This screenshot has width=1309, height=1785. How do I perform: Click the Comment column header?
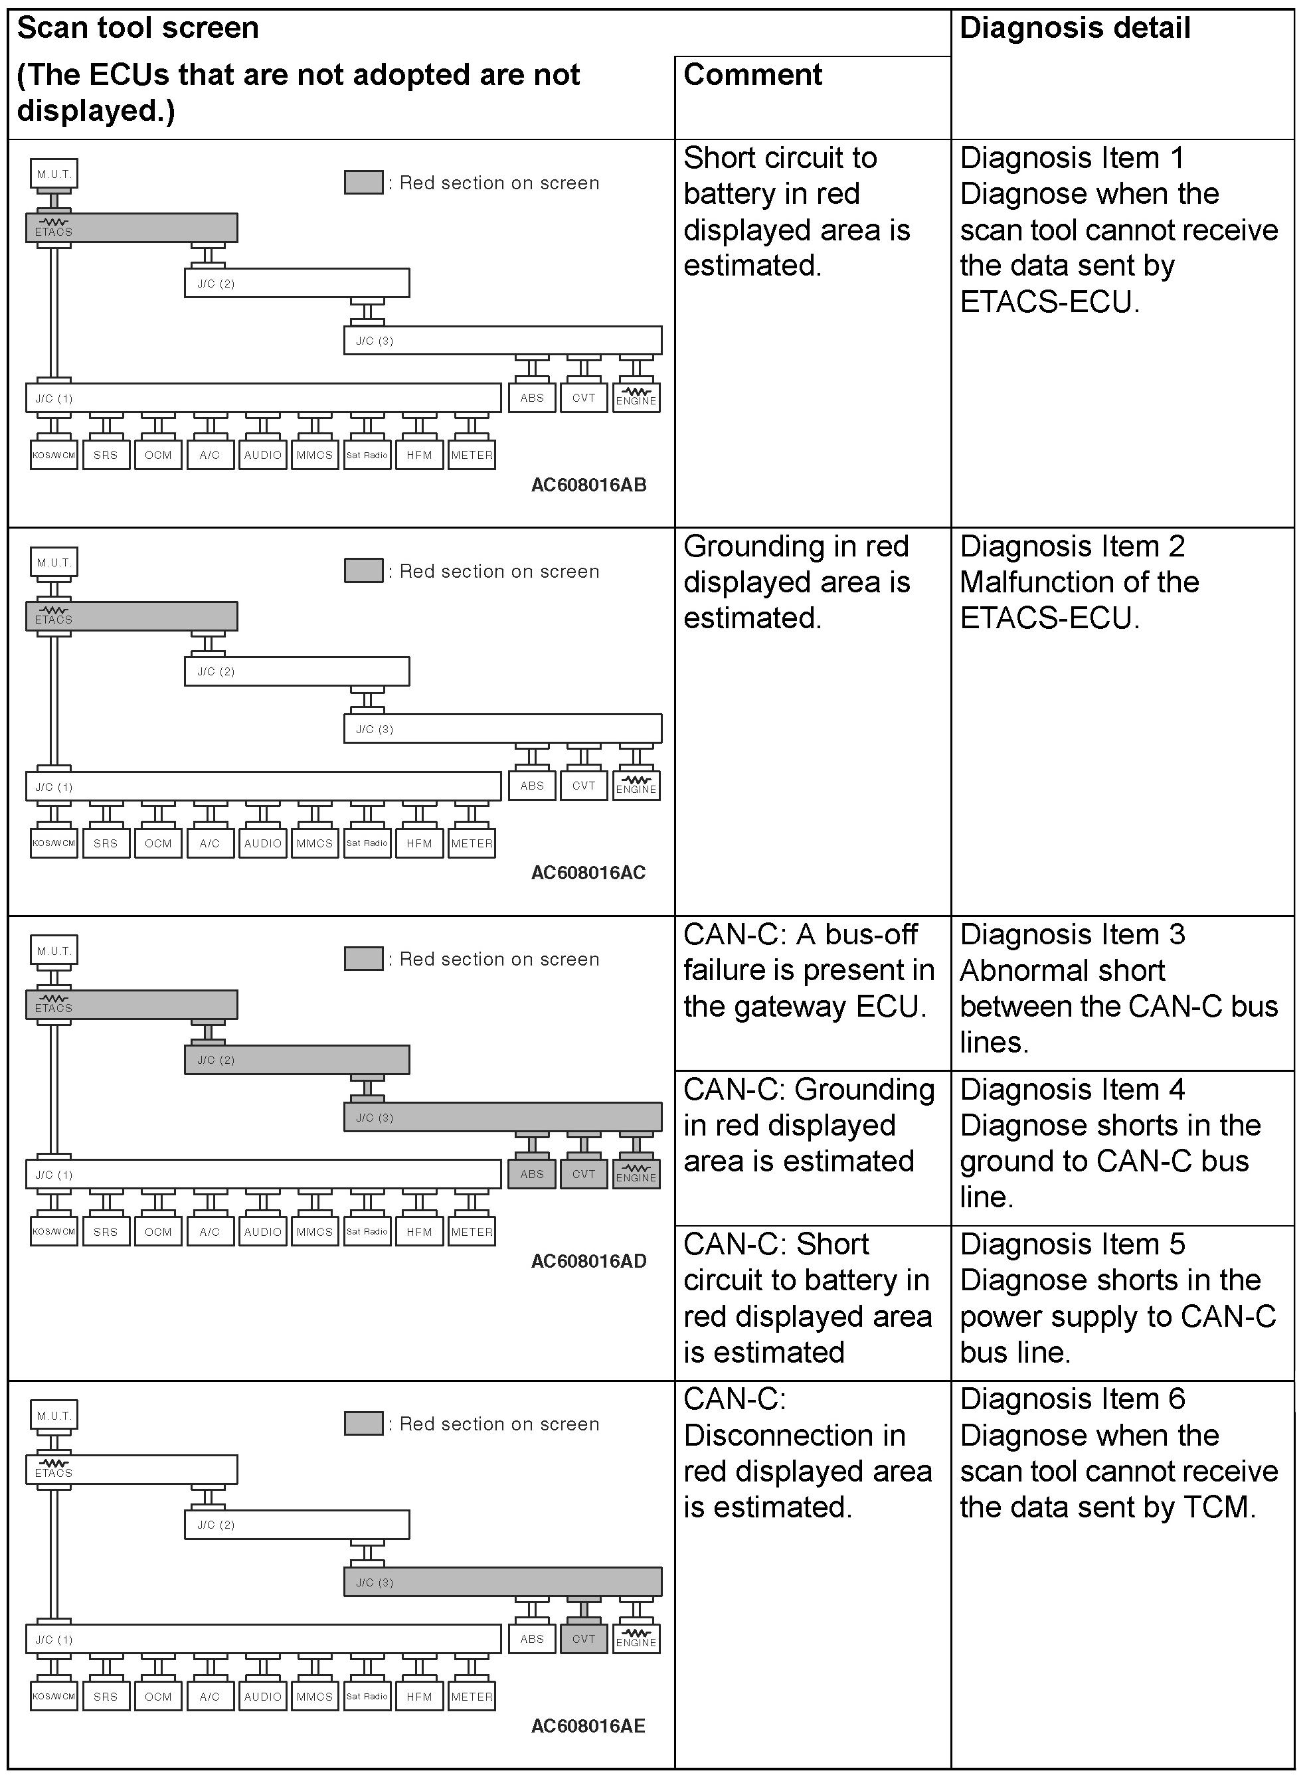[752, 75]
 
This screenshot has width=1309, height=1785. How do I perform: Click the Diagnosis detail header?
[1075, 29]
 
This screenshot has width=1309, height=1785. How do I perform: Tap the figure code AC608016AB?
[588, 485]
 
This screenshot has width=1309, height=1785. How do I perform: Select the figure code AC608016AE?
[588, 1726]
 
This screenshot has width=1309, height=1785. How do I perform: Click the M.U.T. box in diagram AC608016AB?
[54, 173]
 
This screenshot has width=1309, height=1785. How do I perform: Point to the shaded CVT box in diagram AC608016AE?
[584, 1638]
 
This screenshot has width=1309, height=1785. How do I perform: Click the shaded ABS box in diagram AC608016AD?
[532, 1174]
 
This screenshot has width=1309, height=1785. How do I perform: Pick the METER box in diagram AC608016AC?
[472, 843]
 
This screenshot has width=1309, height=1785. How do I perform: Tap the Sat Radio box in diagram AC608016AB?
[367, 455]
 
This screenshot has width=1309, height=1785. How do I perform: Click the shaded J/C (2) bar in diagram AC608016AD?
[297, 1059]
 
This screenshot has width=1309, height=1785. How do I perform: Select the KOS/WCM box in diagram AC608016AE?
[54, 1696]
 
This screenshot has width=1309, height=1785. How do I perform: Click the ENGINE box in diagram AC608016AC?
[636, 786]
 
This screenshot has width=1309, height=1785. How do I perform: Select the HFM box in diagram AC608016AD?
[419, 1231]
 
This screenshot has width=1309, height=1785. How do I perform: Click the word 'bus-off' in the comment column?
[870, 935]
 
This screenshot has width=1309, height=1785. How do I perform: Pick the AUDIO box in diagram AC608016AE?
[262, 1696]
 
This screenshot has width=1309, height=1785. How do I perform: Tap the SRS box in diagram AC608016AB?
[106, 455]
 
